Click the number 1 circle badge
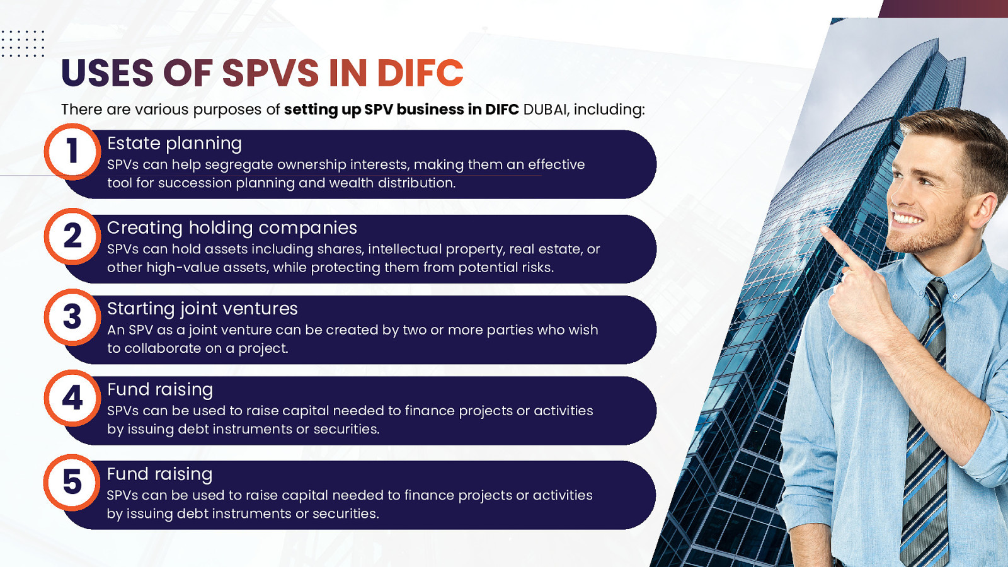72,152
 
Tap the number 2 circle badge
72,236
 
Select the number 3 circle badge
72,318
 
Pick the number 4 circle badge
72,398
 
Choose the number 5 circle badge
72,483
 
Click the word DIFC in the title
420,72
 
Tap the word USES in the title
108,72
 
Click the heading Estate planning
175,144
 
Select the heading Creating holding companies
232,228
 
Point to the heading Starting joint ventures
202,309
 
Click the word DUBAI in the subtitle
545,110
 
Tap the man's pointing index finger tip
823,231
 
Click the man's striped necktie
925,423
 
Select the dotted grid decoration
23,43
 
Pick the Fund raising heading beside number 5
160,474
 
